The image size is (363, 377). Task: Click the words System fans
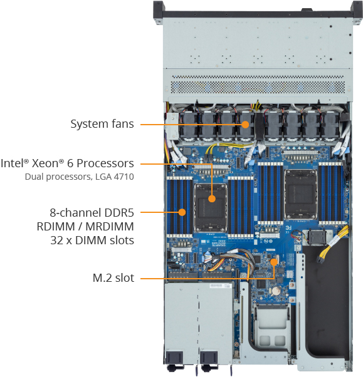[102, 124]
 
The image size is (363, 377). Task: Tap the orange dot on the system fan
[245, 125]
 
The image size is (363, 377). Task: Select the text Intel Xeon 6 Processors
[67, 163]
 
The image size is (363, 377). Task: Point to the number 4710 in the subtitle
[124, 177]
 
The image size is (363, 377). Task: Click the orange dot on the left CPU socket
[212, 199]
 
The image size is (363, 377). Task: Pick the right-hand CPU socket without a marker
[300, 194]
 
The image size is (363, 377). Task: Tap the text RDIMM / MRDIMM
[85, 227]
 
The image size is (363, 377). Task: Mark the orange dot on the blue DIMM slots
[182, 212]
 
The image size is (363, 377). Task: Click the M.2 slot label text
[113, 278]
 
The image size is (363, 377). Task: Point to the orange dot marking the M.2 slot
[274, 262]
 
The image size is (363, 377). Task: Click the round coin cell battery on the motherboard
[276, 291]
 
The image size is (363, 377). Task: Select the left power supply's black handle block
[174, 358]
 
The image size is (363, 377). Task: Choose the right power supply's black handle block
[209, 358]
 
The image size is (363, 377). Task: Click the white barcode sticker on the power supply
[216, 286]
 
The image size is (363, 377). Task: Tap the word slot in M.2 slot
[125, 278]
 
